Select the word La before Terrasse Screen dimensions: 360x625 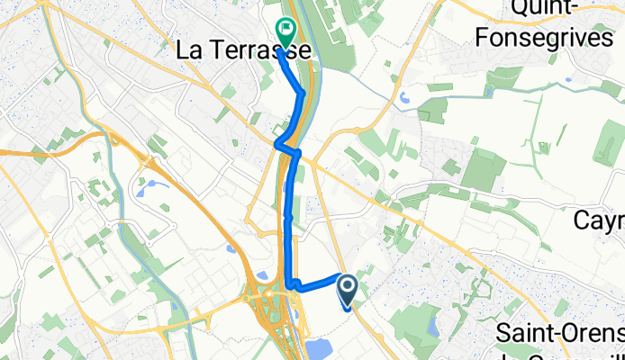click(x=189, y=52)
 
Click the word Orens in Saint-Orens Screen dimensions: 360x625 click(x=595, y=333)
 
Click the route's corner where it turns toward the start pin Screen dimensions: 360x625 click(x=291, y=287)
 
